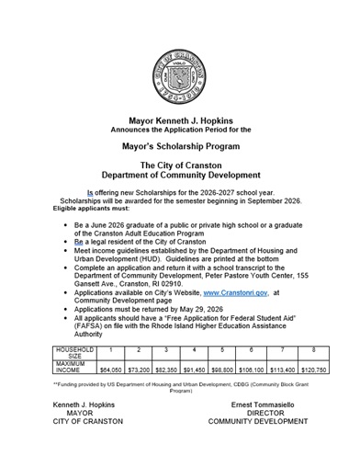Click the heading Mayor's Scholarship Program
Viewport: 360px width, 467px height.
tap(180, 144)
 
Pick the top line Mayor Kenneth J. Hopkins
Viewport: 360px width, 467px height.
tap(180, 119)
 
